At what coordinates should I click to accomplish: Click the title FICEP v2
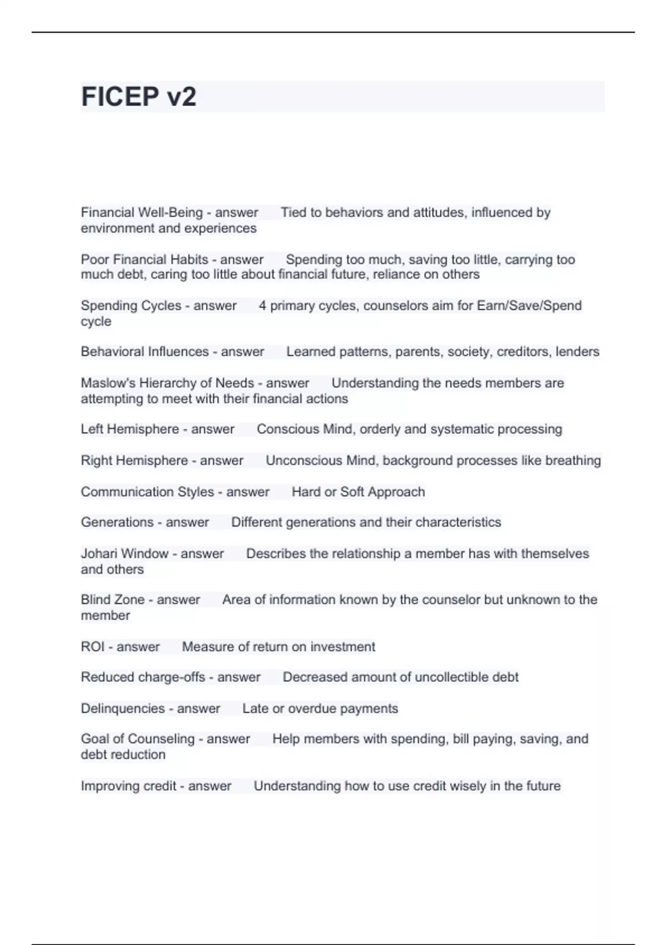138,97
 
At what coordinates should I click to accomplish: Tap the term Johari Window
125,554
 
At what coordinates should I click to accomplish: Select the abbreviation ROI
92,646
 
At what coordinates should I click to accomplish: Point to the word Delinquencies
123,708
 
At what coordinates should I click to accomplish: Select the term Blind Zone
113,600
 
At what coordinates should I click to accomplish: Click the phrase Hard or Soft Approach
358,492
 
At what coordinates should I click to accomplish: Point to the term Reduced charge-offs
143,677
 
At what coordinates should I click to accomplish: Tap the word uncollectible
453,677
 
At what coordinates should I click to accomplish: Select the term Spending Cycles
131,306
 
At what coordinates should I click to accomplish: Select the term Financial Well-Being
142,212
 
